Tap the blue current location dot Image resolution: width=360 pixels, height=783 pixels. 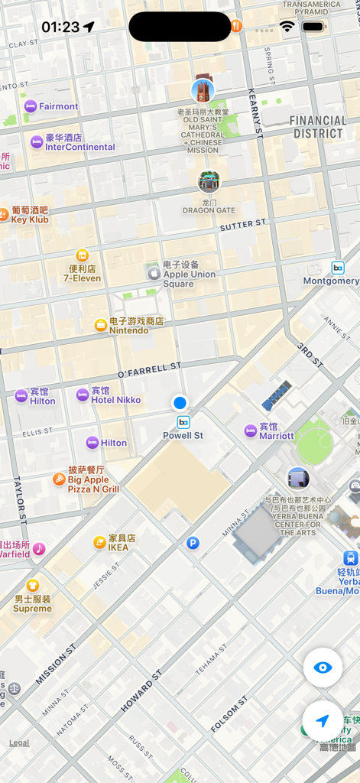pos(180,402)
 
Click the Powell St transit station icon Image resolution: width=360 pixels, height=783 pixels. pos(183,422)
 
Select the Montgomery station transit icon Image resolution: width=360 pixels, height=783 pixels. pos(338,268)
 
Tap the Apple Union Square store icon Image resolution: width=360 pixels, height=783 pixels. pos(154,273)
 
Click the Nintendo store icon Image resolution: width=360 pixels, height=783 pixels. pos(100,325)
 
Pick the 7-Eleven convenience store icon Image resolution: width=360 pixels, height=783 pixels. pos(82,255)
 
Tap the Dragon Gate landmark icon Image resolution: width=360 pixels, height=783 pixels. pos(209,181)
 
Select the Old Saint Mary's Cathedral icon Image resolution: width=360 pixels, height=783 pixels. pos(203,90)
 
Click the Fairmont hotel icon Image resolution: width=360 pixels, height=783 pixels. pos(31,106)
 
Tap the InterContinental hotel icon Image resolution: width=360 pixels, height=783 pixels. pos(37,142)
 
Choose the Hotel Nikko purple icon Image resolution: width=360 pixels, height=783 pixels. pos(83,395)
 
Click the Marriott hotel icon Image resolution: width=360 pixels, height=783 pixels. pos(250,430)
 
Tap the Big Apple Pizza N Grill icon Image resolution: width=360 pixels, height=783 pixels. pos(59,479)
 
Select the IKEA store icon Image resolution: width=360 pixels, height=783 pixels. pos(99,542)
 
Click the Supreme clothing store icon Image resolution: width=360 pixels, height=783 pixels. pos(32,586)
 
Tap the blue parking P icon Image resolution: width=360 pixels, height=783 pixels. pos(193,543)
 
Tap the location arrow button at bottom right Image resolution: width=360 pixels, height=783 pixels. pos(323,721)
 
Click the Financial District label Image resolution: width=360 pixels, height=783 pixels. pos(317,127)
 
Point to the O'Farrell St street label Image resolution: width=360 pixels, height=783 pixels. pos(149,370)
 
